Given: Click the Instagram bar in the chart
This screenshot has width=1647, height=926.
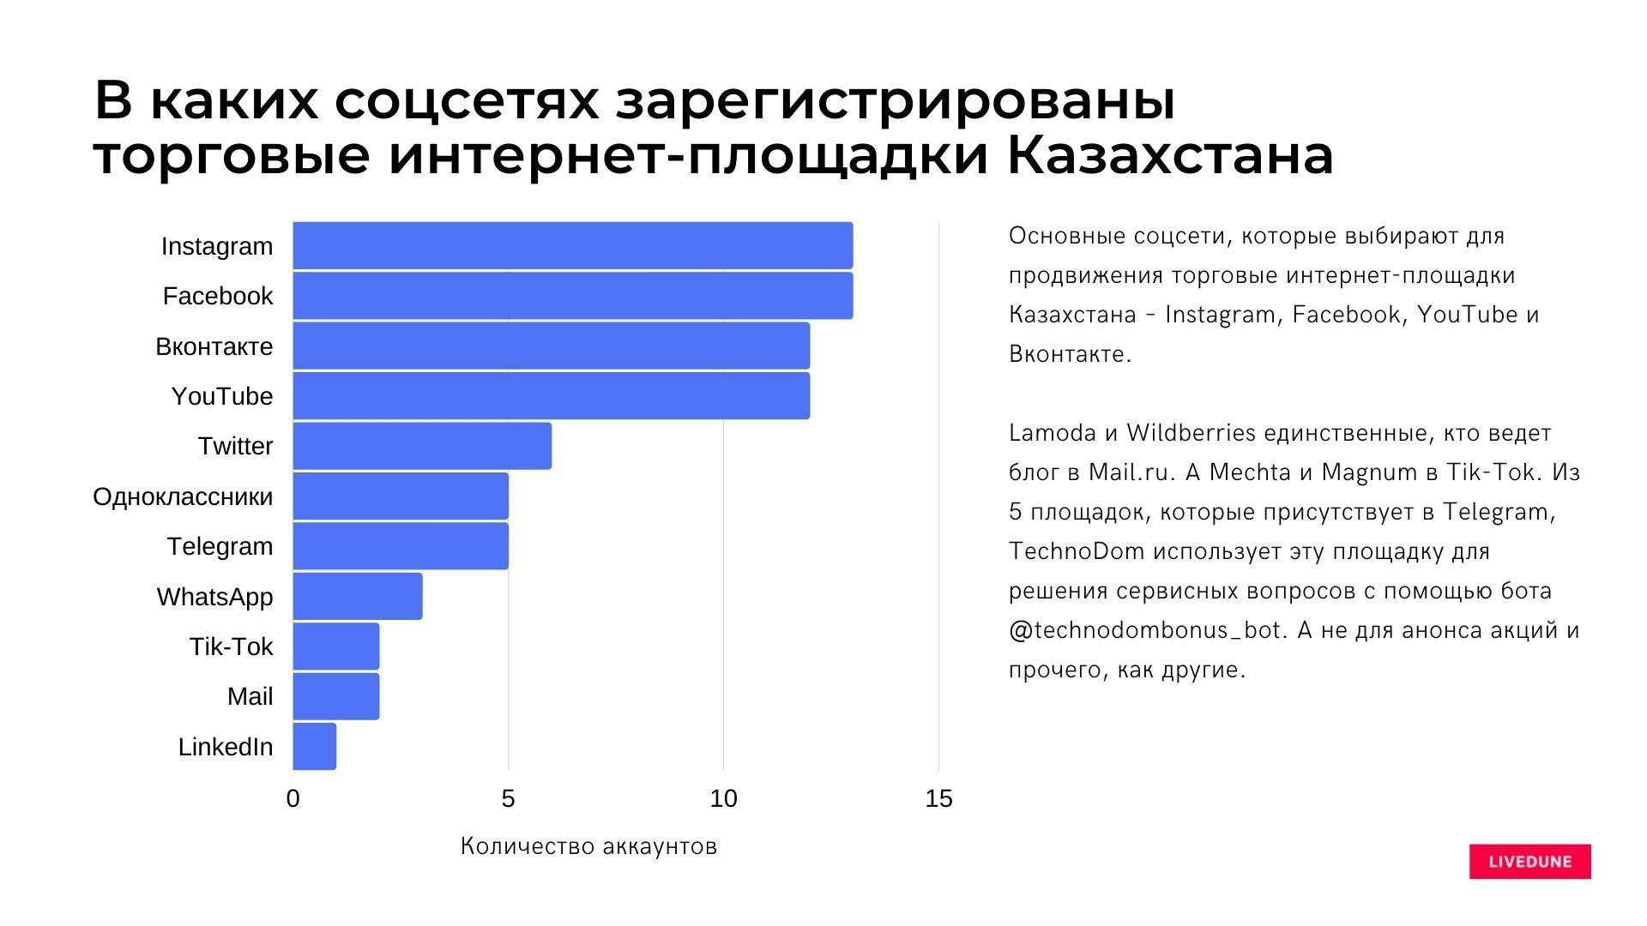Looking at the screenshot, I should pos(572,245).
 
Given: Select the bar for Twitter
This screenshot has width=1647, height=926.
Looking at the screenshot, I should pos(422,446).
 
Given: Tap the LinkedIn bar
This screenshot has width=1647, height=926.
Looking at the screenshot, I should pos(314,747).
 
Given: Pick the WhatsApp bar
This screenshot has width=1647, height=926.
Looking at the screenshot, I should pos(357,596).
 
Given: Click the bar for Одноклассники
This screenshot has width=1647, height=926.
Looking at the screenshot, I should pos(400,496).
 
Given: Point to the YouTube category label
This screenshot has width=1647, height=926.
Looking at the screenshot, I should pos(221,396).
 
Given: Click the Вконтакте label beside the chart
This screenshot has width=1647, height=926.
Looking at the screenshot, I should pos(214,346).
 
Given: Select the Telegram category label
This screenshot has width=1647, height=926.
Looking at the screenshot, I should pos(220,546).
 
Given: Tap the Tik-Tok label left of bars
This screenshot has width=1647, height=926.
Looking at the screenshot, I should pos(231,646).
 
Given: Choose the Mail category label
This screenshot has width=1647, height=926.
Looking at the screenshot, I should pos(250,696).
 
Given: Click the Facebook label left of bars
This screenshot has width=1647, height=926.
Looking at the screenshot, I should pos(218,296).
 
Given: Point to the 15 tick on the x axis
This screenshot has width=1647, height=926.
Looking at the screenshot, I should pos(938,799).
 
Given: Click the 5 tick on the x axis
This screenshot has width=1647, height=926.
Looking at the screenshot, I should pos(508,799).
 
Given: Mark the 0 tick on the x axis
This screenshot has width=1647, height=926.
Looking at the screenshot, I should pos(293,799).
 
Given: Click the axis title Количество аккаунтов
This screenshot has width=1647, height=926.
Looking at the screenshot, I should pos(588,846).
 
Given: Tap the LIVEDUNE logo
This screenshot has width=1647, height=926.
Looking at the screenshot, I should pos(1529,862).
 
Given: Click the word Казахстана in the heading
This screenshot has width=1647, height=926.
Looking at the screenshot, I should pos(1169,155).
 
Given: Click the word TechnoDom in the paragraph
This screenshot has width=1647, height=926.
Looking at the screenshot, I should pos(1077,551).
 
